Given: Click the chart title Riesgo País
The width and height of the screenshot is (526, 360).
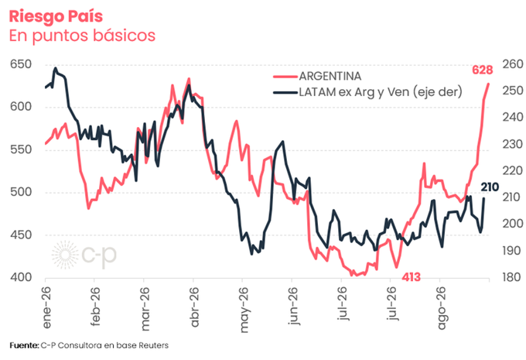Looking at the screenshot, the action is (56, 17).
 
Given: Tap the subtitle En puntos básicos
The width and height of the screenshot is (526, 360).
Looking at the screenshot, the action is (82, 36).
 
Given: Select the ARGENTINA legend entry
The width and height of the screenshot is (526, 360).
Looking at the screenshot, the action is (317, 76).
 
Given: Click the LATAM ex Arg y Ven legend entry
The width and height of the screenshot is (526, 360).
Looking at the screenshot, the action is (367, 91).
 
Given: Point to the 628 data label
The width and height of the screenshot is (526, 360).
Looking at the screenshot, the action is (483, 70).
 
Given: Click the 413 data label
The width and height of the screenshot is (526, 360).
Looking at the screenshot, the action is (411, 277).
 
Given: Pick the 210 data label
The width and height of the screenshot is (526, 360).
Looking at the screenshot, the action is (490, 187).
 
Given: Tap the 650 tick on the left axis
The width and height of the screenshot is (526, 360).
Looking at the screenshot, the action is (21, 63).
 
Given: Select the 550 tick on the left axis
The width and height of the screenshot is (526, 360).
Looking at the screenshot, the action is (21, 149).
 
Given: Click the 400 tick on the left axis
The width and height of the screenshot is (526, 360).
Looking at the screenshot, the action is (21, 277).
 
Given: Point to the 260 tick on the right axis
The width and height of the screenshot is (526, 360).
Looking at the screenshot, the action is (513, 63).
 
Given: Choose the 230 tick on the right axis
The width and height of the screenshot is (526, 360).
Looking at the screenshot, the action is (513, 144).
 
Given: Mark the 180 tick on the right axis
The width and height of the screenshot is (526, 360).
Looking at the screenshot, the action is (513, 277).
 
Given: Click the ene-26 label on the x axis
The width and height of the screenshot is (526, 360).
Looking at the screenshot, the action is (46, 307).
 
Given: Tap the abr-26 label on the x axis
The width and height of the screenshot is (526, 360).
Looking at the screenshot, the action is (194, 307).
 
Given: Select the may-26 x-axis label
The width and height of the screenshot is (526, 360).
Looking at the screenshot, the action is (244, 310).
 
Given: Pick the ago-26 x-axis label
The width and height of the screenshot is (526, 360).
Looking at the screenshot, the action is (442, 308).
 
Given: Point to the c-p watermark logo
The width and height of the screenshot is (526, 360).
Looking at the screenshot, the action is (84, 255).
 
